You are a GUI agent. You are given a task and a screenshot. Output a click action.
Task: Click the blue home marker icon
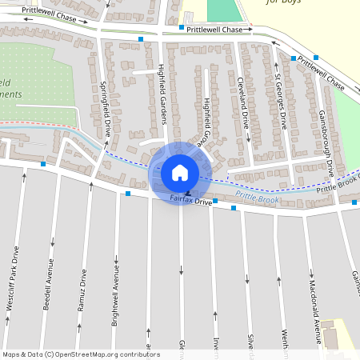click(180, 172)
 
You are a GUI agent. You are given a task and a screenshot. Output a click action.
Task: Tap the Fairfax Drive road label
click(191, 202)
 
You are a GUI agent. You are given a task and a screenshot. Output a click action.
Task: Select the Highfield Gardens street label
click(162, 94)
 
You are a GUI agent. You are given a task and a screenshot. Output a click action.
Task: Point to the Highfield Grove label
click(206, 120)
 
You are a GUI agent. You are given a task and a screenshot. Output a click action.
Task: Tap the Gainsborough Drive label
click(326, 144)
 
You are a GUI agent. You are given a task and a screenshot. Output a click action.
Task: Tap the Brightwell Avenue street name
click(116, 289)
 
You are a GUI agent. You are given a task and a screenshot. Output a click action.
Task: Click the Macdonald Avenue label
click(313, 300)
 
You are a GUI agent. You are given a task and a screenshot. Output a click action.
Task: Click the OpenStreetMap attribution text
click(80, 354)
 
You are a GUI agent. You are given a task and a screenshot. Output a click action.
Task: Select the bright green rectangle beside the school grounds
click(224, 10)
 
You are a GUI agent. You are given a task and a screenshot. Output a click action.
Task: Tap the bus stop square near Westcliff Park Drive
click(42, 164)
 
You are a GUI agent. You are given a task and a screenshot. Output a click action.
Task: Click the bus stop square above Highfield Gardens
click(141, 38)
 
